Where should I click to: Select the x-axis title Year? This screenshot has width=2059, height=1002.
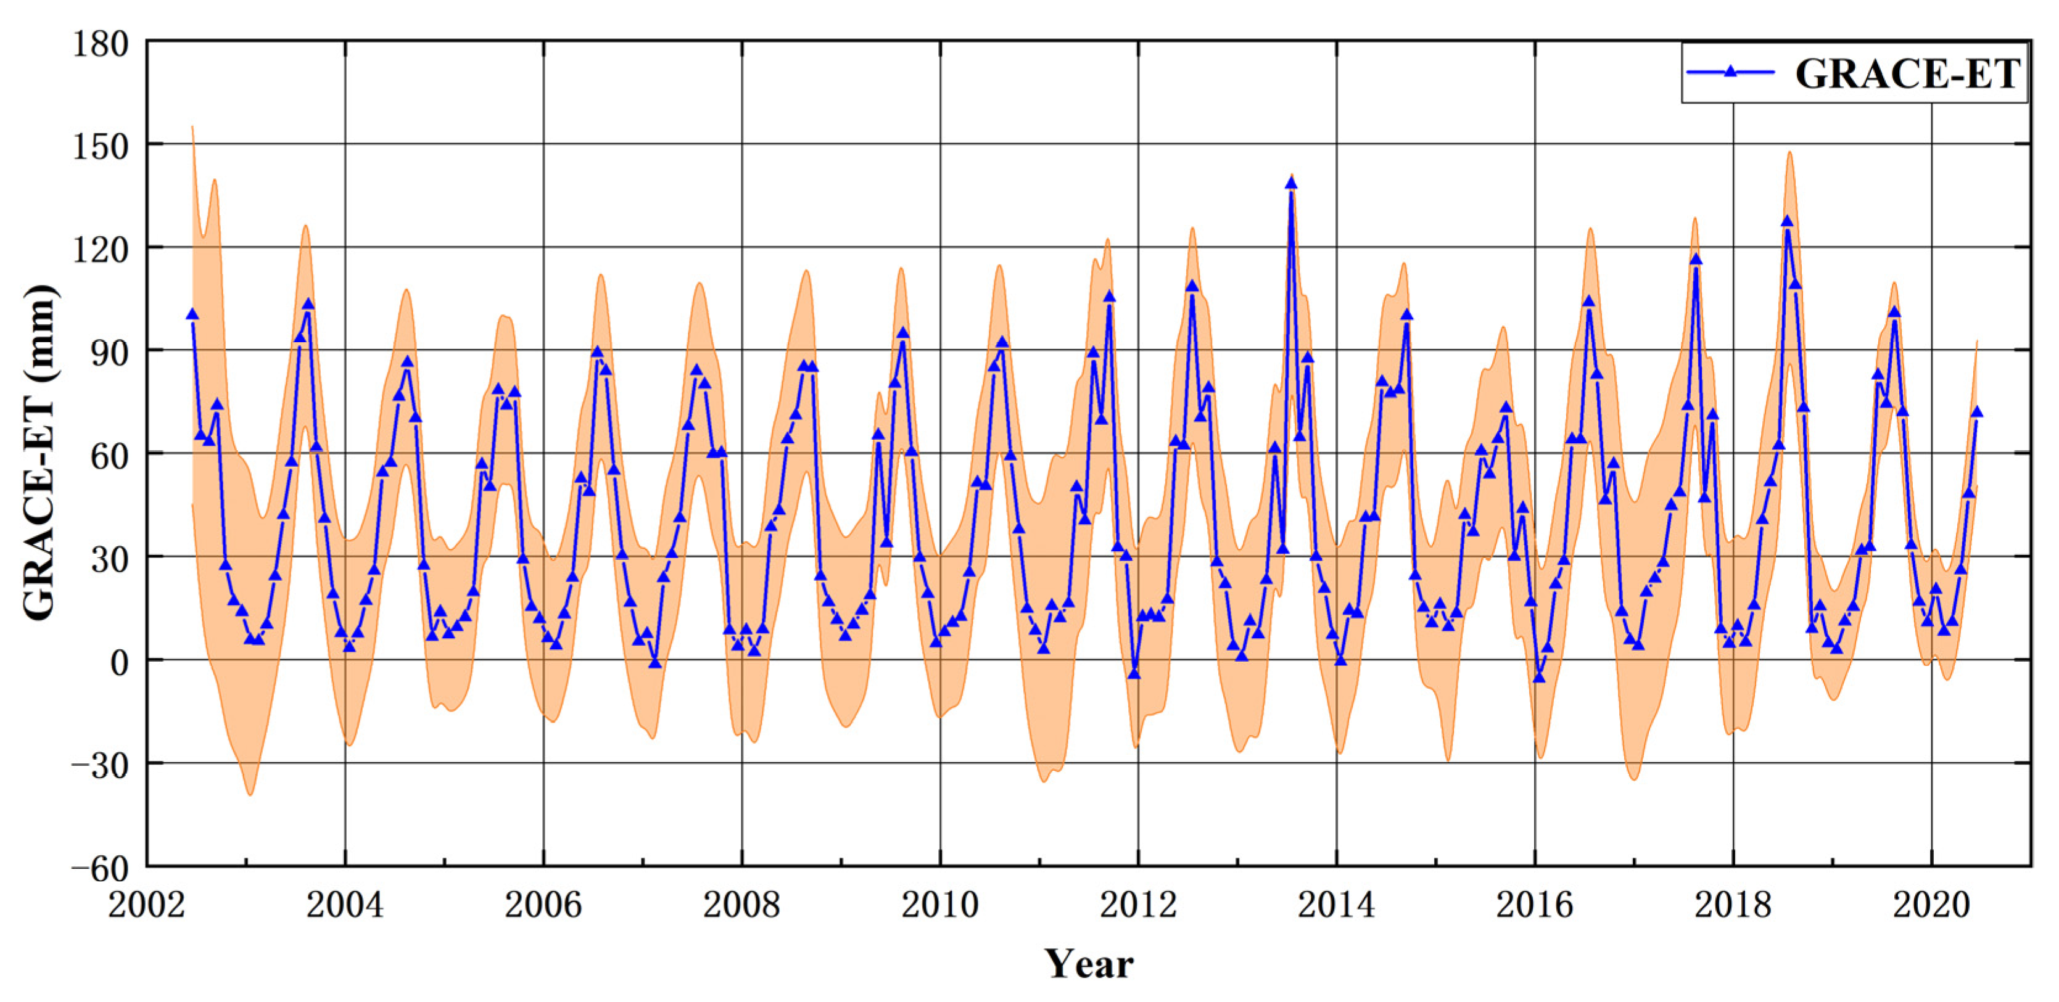(x=1088, y=964)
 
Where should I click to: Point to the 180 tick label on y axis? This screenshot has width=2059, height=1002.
(x=100, y=44)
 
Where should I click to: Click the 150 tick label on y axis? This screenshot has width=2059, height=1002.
(x=100, y=147)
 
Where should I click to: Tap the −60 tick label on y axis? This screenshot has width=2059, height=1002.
(x=100, y=869)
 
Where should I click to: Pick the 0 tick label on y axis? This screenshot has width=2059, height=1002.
(x=119, y=662)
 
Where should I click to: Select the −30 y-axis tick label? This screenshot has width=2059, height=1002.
(x=100, y=765)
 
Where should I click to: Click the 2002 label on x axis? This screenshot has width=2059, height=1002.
(x=146, y=905)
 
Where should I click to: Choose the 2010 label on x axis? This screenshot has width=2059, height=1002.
(x=940, y=905)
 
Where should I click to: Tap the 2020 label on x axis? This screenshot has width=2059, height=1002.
(x=1931, y=905)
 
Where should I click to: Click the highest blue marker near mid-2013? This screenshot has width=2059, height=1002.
(x=1291, y=184)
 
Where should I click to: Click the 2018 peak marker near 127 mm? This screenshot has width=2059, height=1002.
(x=1786, y=222)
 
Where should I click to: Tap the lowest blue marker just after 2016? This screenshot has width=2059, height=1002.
(x=1538, y=678)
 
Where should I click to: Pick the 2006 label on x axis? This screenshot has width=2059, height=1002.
(x=543, y=905)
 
